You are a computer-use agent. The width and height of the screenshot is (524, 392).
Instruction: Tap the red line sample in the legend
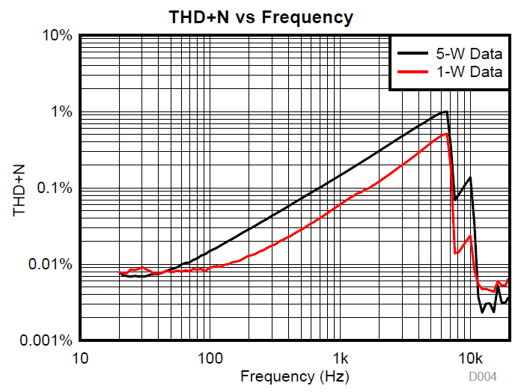pyautogui.click(x=413, y=73)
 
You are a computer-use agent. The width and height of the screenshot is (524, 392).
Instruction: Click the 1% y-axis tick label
pyautogui.click(x=60, y=112)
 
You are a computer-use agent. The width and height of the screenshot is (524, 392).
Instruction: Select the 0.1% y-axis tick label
pyautogui.click(x=54, y=189)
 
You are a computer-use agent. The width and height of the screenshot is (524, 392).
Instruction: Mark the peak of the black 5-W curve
pyautogui.click(x=446, y=111)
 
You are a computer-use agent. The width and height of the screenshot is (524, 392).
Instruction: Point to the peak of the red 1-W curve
pyautogui.click(x=446, y=134)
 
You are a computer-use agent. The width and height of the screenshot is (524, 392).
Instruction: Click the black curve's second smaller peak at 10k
pyautogui.click(x=470, y=177)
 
